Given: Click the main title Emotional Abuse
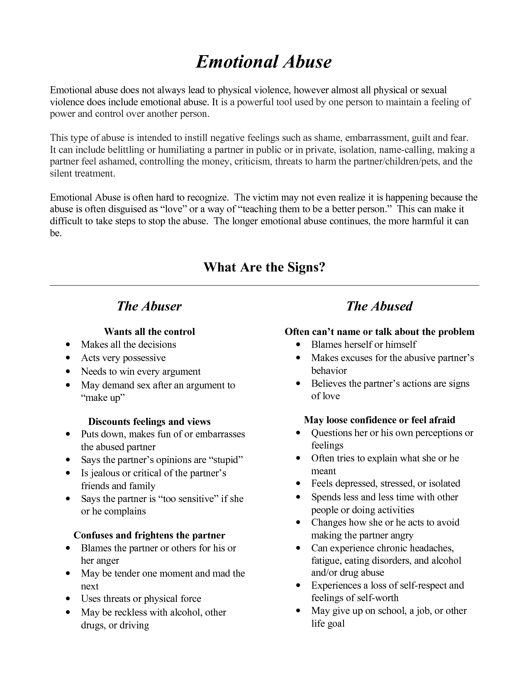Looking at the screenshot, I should [x=264, y=62].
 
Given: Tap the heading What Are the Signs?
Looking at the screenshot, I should [x=264, y=267].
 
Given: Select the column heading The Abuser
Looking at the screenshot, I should [x=149, y=306].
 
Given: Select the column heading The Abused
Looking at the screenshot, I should [x=379, y=306].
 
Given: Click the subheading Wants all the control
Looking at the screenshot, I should [x=149, y=332].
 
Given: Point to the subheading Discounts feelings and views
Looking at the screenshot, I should [x=149, y=422].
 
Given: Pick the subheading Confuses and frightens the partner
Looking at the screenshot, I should [x=149, y=535].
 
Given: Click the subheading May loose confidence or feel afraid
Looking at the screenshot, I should [x=379, y=420].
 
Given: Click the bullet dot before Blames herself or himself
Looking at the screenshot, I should [x=299, y=345].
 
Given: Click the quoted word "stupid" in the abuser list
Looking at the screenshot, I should [x=225, y=460].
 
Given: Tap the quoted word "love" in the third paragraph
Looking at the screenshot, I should [x=173, y=209].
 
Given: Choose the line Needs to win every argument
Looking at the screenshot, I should [x=141, y=371].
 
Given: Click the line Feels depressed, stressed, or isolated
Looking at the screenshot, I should [x=385, y=483].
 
